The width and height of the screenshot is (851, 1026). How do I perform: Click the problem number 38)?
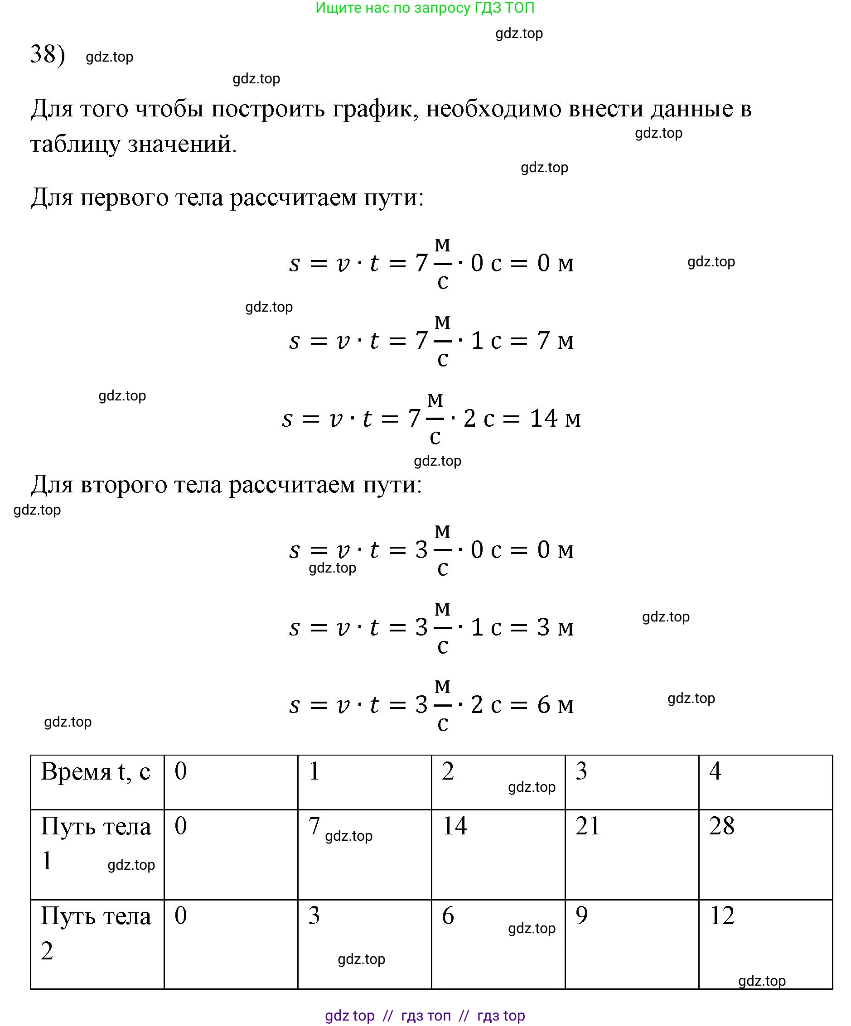pos(48,54)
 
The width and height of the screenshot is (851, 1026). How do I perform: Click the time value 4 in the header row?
pos(715,771)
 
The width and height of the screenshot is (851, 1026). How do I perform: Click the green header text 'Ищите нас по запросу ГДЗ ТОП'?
pos(425,8)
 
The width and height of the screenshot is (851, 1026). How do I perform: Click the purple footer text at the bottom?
pos(425,1015)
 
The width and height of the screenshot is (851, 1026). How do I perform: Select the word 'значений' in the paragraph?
pos(181,144)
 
